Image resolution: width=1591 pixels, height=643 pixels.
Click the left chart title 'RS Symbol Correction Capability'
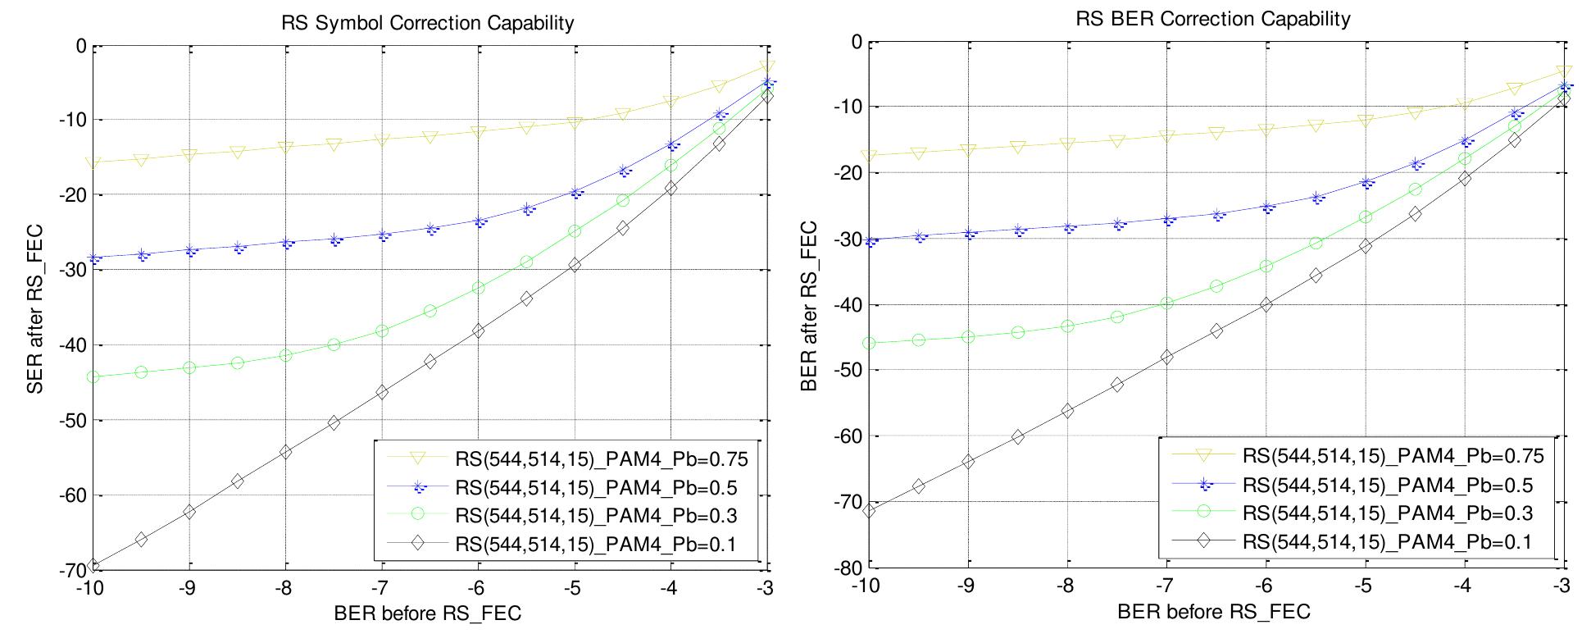click(x=427, y=23)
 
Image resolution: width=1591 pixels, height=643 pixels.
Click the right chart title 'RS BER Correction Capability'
click(x=1212, y=18)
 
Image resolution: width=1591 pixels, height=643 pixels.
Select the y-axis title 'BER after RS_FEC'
click(x=808, y=305)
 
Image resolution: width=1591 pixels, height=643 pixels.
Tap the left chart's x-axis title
click(x=427, y=614)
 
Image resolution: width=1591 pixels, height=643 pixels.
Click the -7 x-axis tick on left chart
click(x=382, y=588)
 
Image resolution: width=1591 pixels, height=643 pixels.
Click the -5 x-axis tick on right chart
click(x=1363, y=587)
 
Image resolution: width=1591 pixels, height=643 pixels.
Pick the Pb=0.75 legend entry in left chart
click(x=601, y=458)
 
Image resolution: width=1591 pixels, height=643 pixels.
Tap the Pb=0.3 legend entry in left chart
click(x=595, y=515)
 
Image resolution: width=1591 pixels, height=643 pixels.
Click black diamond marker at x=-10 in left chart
click(x=93, y=565)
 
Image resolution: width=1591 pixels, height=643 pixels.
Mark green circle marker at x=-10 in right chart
click(x=869, y=343)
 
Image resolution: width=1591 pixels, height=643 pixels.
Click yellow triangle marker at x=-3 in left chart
click(x=766, y=67)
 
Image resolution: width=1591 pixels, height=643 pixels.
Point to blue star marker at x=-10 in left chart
click(x=94, y=258)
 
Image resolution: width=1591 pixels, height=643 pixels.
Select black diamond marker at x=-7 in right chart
click(x=1166, y=357)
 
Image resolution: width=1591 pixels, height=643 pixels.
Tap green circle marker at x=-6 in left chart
click(x=478, y=288)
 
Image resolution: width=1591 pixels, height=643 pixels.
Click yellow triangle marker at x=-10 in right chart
click(x=869, y=156)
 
